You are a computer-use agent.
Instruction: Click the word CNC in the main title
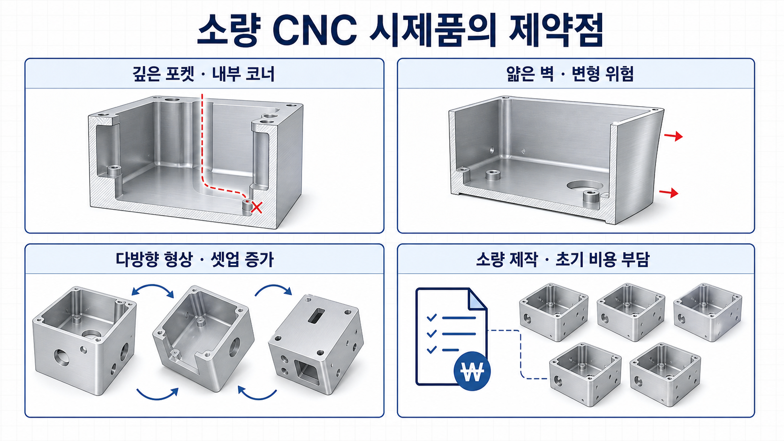click(314, 30)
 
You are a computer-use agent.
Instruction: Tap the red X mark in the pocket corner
click(256, 208)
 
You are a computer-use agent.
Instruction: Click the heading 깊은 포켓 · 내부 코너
click(204, 74)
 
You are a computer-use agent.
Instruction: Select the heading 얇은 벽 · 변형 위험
click(570, 74)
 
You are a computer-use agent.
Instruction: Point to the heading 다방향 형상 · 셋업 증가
click(195, 259)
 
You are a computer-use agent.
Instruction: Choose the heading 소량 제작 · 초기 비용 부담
click(563, 259)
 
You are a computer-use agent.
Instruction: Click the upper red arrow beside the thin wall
click(673, 136)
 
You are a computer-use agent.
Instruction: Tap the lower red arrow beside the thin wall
click(669, 192)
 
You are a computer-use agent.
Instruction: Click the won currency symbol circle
click(472, 371)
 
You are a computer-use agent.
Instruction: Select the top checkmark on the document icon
click(431, 318)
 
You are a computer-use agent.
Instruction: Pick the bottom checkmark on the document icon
click(431, 349)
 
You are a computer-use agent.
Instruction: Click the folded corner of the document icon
click(477, 300)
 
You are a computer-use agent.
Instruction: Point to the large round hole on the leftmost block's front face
click(61, 357)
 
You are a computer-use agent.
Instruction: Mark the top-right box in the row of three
click(708, 312)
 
